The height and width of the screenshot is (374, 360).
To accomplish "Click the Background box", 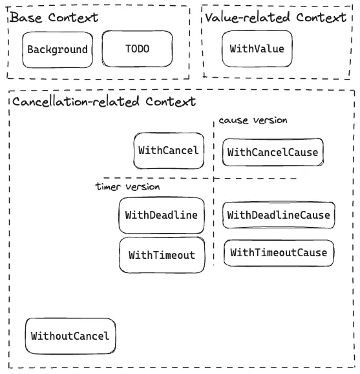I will (x=57, y=50).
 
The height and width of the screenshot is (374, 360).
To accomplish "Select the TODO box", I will (x=137, y=49).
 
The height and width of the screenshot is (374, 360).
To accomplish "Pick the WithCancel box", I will (x=168, y=150).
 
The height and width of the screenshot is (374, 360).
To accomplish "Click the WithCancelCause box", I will (x=273, y=153).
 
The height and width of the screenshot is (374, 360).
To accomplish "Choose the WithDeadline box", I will (x=161, y=215).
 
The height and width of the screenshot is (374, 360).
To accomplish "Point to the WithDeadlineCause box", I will (x=279, y=215).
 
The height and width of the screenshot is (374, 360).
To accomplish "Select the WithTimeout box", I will (x=161, y=255).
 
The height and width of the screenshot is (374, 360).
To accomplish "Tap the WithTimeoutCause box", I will (x=279, y=252).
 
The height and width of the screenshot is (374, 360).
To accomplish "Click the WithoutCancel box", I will (x=70, y=336).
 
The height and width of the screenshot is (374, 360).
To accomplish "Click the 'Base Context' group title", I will (x=54, y=17).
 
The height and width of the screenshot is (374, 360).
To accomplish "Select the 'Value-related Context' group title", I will (x=275, y=17).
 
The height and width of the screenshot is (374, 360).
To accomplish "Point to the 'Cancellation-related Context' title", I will (x=103, y=102).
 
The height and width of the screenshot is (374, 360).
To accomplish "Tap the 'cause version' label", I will (x=253, y=120).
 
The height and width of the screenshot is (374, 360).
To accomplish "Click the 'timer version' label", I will (x=127, y=186).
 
